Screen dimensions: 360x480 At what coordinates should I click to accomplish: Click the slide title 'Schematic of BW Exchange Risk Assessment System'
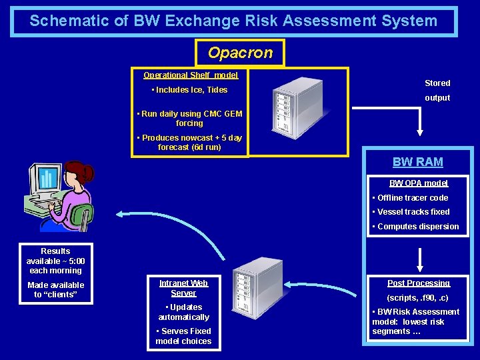[x=233, y=21]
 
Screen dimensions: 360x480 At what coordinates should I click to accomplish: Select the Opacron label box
[x=240, y=53]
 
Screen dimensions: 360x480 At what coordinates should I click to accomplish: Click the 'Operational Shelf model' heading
[x=191, y=75]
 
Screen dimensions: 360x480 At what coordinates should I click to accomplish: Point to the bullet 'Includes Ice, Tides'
[x=190, y=90]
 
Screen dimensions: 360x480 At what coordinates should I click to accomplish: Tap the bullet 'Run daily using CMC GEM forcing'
[x=189, y=119]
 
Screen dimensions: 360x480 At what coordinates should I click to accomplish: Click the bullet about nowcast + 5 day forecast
[x=189, y=143]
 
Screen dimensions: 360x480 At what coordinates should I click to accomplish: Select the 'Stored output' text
[x=437, y=91]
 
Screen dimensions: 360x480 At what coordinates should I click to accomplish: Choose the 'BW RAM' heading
[x=418, y=162]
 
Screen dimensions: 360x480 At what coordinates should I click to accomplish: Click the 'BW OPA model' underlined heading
[x=419, y=183]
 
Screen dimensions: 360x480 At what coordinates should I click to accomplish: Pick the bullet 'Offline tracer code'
[x=410, y=198]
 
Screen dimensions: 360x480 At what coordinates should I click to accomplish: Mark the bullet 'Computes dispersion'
[x=415, y=227]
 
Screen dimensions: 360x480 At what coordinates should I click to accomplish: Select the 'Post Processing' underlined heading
[x=419, y=283]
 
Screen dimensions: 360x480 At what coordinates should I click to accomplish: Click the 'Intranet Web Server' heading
[x=183, y=288]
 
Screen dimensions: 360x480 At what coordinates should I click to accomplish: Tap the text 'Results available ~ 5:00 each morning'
[x=55, y=261]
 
